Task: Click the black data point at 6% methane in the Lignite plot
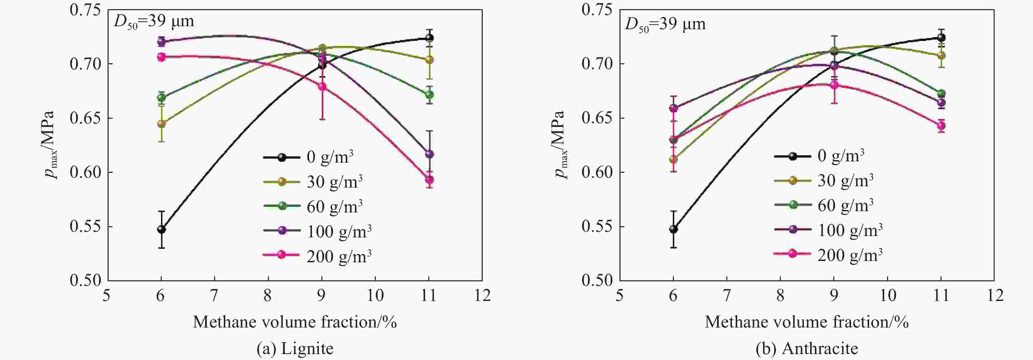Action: pos(161,229)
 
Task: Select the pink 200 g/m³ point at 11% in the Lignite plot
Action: pos(429,180)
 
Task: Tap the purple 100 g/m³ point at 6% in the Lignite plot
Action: pos(161,41)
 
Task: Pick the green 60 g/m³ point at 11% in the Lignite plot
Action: pos(429,95)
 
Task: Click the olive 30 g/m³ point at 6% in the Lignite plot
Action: pos(161,124)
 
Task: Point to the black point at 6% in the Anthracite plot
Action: pos(673,229)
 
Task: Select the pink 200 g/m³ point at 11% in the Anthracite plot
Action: pos(941,126)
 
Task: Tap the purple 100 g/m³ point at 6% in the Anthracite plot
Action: pos(673,108)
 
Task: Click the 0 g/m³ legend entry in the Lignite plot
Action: pos(309,157)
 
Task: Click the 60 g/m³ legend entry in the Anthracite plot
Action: pos(824,205)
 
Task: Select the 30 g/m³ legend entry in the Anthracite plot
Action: pos(824,180)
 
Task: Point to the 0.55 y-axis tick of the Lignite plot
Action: pos(85,227)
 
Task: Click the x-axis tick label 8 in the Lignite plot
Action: pos(268,296)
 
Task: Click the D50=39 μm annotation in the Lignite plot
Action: pos(154,22)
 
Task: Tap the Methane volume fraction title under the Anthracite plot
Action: pos(806,322)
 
